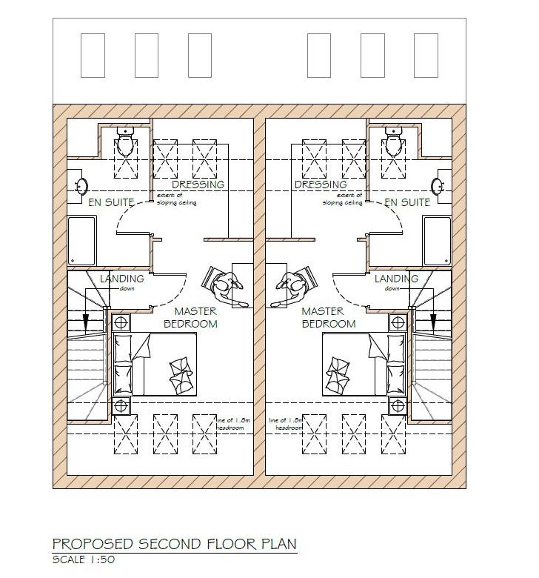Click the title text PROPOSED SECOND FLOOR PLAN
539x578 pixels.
(174, 544)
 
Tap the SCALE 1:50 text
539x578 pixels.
(84, 559)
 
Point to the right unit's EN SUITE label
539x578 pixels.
(408, 202)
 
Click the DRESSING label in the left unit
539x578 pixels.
(198, 185)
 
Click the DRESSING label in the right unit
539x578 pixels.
(321, 185)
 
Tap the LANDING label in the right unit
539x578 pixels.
(397, 279)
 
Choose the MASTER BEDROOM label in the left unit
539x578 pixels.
(190, 318)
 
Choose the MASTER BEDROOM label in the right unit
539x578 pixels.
(329, 318)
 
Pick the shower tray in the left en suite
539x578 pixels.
(81, 241)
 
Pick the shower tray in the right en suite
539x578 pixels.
(437, 241)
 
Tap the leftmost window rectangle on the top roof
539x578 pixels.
(92, 56)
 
